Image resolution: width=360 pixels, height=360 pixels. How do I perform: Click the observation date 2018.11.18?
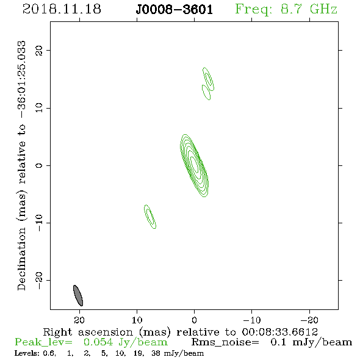(x=62, y=9)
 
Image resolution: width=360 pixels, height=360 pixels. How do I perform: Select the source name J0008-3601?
(x=174, y=10)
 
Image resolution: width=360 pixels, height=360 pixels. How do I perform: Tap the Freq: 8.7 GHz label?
(x=286, y=10)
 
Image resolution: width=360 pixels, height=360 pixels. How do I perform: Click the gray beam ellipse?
(x=78, y=295)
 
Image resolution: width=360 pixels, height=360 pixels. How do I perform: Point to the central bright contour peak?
(x=195, y=165)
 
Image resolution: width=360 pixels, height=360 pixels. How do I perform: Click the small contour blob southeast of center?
(x=150, y=217)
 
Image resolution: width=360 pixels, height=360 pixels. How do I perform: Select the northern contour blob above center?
(x=208, y=84)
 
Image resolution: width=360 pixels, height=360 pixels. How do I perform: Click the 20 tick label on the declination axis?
(x=39, y=51)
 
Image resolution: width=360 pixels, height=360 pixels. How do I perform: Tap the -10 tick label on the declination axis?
(x=39, y=223)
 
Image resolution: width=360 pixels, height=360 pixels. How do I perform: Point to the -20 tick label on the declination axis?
(x=39, y=281)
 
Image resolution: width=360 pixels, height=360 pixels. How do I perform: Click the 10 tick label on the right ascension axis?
(x=137, y=320)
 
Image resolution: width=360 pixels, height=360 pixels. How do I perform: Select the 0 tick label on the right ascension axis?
(x=194, y=320)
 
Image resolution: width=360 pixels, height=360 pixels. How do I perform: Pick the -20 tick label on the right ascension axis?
(x=309, y=320)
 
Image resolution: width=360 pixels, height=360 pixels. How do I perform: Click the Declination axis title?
(x=21, y=165)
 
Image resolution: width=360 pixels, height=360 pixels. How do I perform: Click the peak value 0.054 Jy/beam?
(x=125, y=342)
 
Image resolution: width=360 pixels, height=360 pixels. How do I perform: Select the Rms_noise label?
(x=225, y=342)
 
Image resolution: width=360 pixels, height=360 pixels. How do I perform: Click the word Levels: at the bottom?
(x=27, y=353)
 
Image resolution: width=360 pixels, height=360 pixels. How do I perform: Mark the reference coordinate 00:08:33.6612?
(x=279, y=332)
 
